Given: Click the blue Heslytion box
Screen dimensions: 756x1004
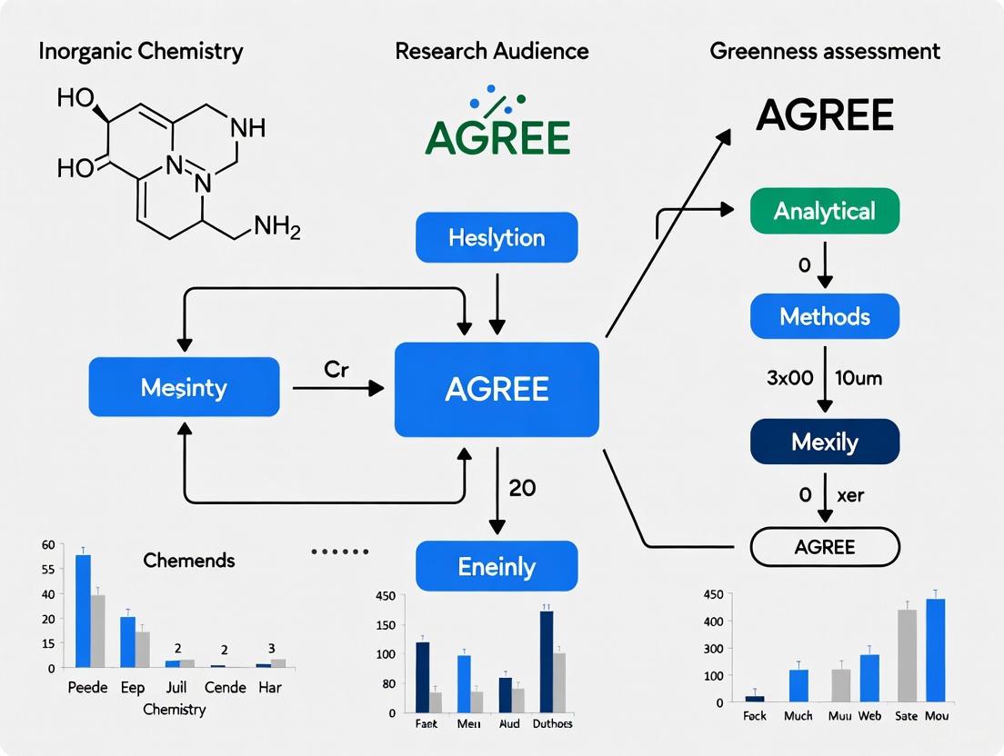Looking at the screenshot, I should pos(497,238).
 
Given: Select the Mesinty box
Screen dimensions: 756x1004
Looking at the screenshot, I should pos(184,387).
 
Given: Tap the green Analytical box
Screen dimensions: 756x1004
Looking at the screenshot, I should pos(824,211).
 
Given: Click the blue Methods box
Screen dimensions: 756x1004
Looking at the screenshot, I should pos(824,316).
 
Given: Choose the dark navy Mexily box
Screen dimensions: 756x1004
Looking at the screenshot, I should pos(824,442).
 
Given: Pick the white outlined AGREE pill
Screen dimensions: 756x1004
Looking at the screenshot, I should pos(824,547).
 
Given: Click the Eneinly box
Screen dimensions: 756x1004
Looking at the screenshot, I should pos(497,566).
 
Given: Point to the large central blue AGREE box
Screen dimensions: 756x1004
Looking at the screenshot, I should pos(497,389).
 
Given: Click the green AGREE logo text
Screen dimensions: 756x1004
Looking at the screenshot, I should pos(497,137).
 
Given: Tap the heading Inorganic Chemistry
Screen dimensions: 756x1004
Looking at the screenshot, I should pos(141,51).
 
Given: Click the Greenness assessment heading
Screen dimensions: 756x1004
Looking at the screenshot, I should pos(824,51).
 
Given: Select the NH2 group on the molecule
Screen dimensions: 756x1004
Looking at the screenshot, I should pos(276,227).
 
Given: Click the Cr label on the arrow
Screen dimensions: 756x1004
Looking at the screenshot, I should pos(336,372).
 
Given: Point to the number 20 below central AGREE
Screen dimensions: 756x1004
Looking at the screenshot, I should pos(522,488).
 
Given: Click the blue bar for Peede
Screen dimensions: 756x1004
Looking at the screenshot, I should pos(83,611).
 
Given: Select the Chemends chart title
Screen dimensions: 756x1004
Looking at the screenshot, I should pos(189,560).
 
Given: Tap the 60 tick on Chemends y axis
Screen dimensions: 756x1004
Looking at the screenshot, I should pos(48,545).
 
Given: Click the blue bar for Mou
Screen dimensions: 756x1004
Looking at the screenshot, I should pos(935,650).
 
